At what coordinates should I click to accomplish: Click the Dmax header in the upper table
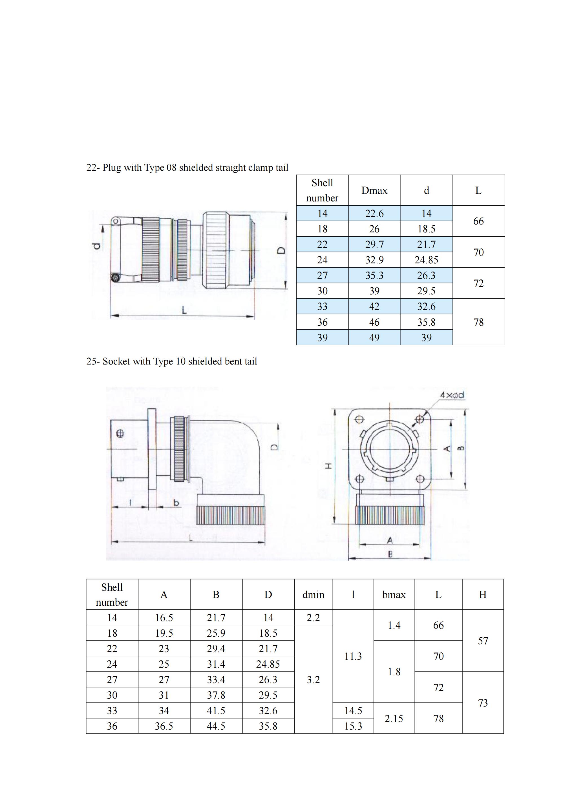374,190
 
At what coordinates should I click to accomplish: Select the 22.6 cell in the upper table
374,213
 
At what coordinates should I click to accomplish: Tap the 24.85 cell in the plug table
426,260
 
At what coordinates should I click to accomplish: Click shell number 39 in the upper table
322,338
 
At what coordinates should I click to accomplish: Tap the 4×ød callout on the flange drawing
452,395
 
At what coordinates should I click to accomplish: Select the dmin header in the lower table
313,595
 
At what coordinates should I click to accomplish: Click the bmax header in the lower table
394,595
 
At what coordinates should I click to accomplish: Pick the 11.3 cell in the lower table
353,656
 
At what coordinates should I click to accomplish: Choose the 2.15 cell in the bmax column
394,718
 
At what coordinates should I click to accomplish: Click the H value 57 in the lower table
483,641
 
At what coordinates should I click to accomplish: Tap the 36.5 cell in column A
164,726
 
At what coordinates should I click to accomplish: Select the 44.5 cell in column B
216,726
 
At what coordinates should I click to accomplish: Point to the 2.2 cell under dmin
313,618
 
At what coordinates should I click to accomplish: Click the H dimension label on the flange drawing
329,466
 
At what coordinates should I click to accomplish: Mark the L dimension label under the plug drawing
184,310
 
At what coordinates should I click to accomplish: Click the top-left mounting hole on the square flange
359,420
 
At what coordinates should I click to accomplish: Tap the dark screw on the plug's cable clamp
114,278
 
